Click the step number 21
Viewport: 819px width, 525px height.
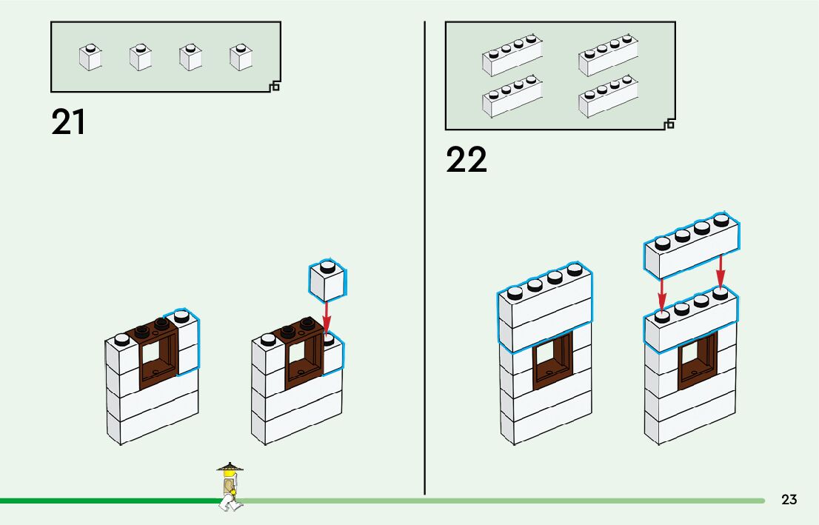pos(68,122)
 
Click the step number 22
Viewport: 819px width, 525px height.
pos(467,160)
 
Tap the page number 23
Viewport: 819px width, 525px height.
pos(789,500)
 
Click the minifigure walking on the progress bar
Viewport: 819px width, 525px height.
pos(230,488)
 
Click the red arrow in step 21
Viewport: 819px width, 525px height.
pos(327,318)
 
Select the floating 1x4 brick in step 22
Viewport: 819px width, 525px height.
pos(690,247)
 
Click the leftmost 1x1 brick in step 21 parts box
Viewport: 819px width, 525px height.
pos(90,58)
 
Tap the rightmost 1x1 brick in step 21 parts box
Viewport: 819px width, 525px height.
pos(241,58)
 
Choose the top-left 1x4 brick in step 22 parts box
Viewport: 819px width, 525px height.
pos(512,56)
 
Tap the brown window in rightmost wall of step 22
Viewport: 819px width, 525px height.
pos(697,360)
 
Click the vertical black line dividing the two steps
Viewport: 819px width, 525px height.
pos(424,259)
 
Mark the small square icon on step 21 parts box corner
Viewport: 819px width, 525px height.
pos(275,87)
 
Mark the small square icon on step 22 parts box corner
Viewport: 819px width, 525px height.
pos(669,124)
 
